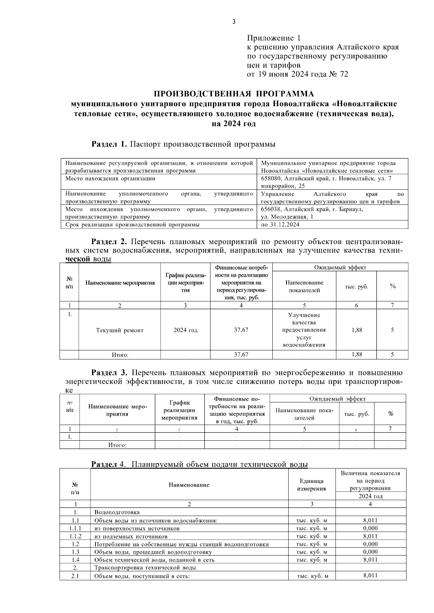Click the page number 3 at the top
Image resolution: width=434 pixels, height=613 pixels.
point(234,22)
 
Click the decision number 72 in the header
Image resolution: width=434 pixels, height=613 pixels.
point(344,75)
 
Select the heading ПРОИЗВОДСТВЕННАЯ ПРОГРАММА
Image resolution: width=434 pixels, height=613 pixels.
point(234,94)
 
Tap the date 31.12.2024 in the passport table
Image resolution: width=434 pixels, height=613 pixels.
point(285,225)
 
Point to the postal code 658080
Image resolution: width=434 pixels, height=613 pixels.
point(272,178)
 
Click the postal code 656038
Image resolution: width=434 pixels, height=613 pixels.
point(272,210)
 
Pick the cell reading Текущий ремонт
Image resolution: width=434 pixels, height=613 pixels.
point(120,330)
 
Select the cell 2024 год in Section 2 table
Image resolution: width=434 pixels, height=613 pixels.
point(185,330)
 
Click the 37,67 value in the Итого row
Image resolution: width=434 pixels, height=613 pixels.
point(241,355)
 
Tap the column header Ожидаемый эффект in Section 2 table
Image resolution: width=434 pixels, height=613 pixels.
point(340,268)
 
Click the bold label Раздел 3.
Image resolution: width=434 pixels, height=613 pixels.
point(109,373)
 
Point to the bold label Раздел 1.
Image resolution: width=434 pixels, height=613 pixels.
point(109,144)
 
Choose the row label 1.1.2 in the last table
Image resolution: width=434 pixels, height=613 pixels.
point(75,536)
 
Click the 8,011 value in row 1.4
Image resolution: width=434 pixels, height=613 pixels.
point(370,560)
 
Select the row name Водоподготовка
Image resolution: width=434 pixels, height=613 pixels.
point(117,512)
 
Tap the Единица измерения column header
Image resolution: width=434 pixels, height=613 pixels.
point(311,485)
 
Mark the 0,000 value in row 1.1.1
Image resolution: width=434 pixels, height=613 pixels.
point(370,528)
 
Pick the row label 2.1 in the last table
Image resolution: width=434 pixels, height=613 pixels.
point(75,576)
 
